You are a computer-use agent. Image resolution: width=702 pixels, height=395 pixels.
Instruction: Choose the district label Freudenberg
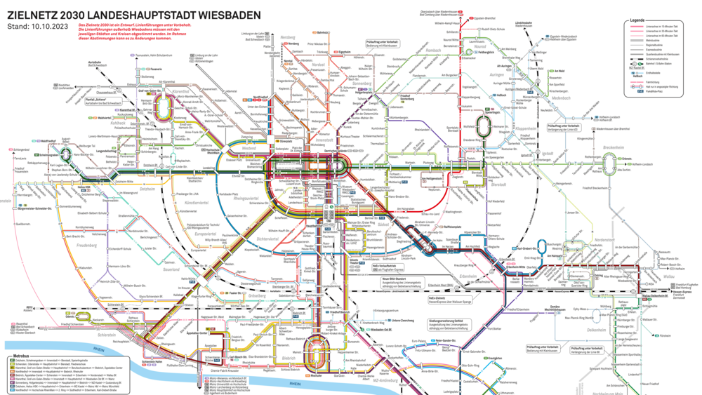pyautogui.click(x=86, y=246)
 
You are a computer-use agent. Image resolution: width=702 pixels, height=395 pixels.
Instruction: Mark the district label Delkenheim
pyautogui.click(x=596, y=330)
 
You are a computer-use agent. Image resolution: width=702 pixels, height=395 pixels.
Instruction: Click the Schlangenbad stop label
pyautogui.click(x=20, y=149)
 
